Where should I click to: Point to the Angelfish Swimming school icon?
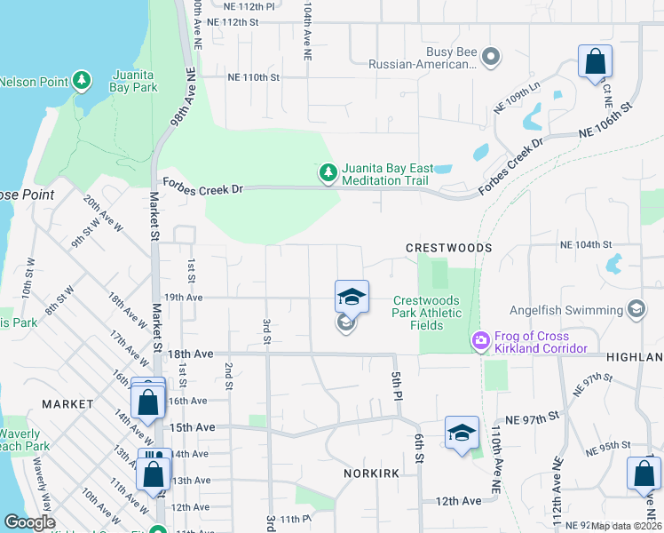636,309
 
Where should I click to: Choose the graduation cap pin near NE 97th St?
462,434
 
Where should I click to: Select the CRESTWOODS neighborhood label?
448,248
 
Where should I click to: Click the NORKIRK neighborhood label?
375,473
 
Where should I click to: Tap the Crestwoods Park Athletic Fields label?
428,313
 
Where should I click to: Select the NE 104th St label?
586,244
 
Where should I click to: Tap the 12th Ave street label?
458,501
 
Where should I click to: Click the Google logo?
29,522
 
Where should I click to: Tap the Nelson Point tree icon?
82,82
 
